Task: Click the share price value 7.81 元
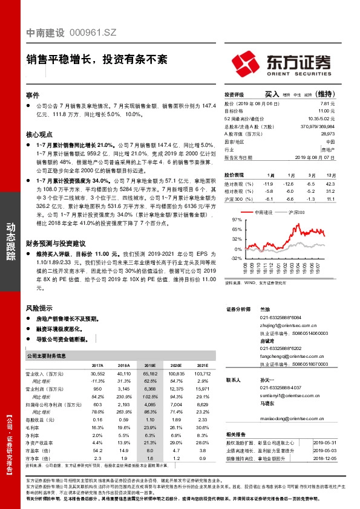[327, 103]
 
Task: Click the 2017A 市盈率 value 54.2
[97, 450]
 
